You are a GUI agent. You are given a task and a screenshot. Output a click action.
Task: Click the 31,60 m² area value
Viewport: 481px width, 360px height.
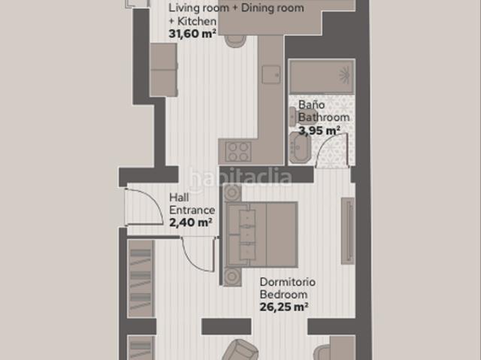pos(192,33)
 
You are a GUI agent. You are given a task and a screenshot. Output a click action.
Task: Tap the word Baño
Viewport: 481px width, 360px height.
pos(311,105)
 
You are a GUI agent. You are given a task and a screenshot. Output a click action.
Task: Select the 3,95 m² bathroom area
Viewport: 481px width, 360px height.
pos(319,130)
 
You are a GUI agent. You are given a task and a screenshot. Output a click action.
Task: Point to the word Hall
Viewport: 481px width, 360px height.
pos(179,198)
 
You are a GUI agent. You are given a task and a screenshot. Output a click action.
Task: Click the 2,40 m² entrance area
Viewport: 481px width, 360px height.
pos(190,222)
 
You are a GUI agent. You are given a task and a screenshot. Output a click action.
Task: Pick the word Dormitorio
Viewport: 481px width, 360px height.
pos(287,282)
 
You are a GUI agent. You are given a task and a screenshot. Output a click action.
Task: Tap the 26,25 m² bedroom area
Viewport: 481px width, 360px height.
pos(284,307)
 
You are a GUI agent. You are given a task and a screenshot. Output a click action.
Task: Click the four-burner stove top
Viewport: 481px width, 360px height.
pos(238,152)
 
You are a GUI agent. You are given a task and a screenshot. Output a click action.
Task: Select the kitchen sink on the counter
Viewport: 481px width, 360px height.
pos(271,74)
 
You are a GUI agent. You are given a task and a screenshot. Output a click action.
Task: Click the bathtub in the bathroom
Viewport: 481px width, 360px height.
pos(322,77)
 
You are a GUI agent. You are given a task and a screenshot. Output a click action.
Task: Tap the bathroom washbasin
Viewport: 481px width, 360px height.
pos(300,147)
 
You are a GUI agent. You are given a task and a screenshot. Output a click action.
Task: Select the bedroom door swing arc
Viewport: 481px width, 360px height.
pos(192,261)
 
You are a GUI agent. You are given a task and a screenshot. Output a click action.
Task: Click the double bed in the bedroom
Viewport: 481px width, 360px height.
pos(262,234)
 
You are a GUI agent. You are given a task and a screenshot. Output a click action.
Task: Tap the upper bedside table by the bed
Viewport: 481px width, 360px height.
pos(232,192)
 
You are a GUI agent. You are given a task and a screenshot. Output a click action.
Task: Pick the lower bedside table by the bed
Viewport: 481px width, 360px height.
pos(232,277)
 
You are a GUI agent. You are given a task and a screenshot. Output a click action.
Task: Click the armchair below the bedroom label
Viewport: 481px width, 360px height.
pos(240,349)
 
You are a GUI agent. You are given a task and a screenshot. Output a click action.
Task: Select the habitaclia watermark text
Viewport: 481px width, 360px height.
pos(240,177)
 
